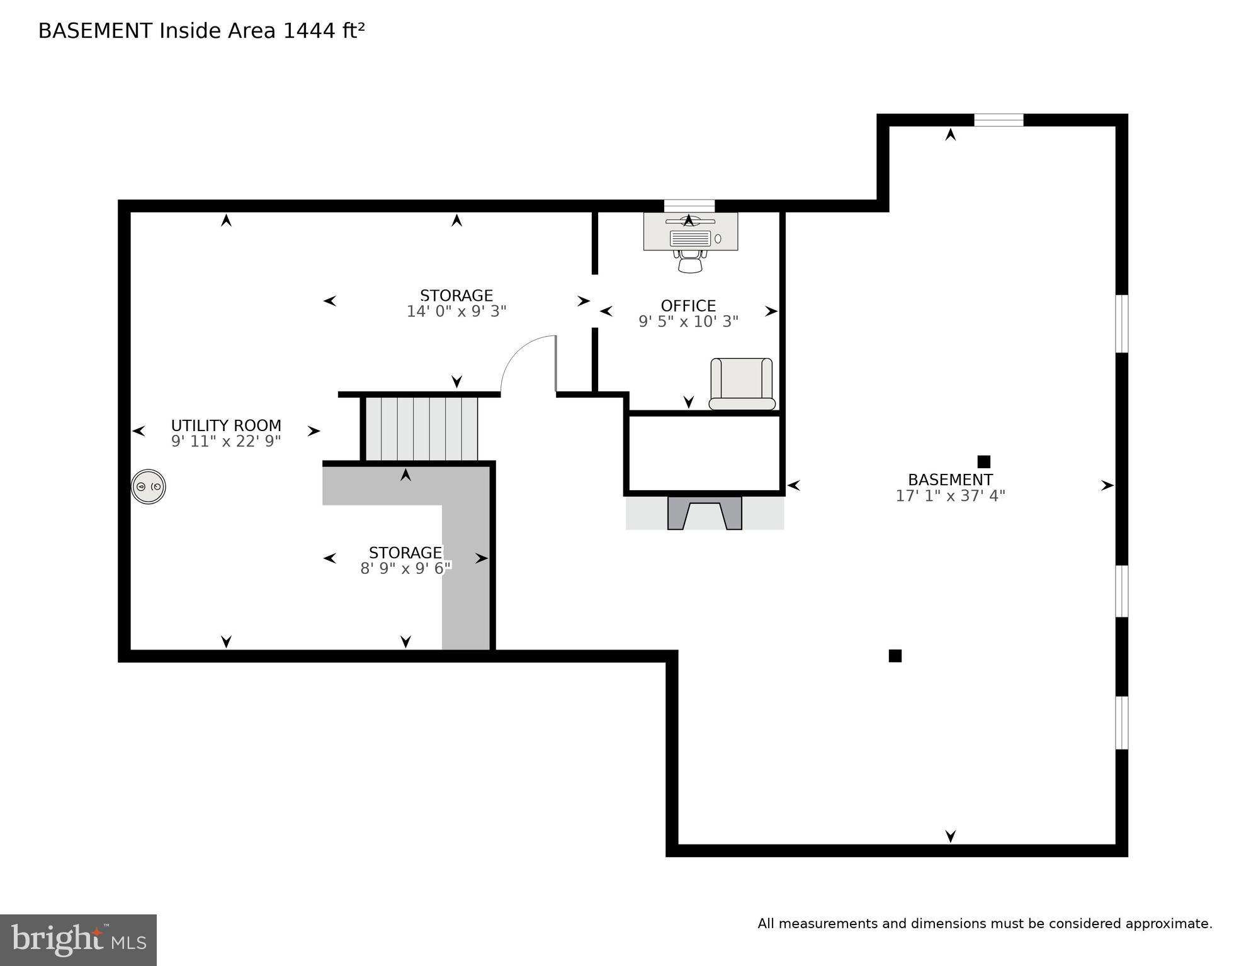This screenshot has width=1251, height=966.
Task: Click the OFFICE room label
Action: tap(688, 306)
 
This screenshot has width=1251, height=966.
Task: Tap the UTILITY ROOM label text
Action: tap(226, 425)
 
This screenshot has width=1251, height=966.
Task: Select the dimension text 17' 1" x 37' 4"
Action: tap(949, 496)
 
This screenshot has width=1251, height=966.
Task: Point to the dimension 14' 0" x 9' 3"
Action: tap(456, 312)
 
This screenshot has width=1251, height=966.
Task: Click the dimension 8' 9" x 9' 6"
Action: tap(405, 568)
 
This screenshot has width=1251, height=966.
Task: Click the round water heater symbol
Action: tap(149, 486)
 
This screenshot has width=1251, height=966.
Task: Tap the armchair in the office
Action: tap(742, 383)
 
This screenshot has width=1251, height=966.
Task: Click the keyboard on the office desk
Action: tap(690, 239)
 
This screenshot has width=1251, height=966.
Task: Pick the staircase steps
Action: tap(421, 429)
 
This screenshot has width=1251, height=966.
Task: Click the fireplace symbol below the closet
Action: tap(705, 513)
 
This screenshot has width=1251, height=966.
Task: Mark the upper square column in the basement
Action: tap(983, 461)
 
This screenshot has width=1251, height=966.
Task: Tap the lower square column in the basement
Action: tap(895, 656)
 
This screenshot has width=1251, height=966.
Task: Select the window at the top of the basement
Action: tap(999, 120)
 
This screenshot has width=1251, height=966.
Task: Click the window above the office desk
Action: tap(689, 206)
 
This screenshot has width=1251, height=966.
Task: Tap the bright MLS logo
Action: tap(78, 940)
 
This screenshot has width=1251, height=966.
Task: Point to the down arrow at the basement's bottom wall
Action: tap(950, 836)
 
